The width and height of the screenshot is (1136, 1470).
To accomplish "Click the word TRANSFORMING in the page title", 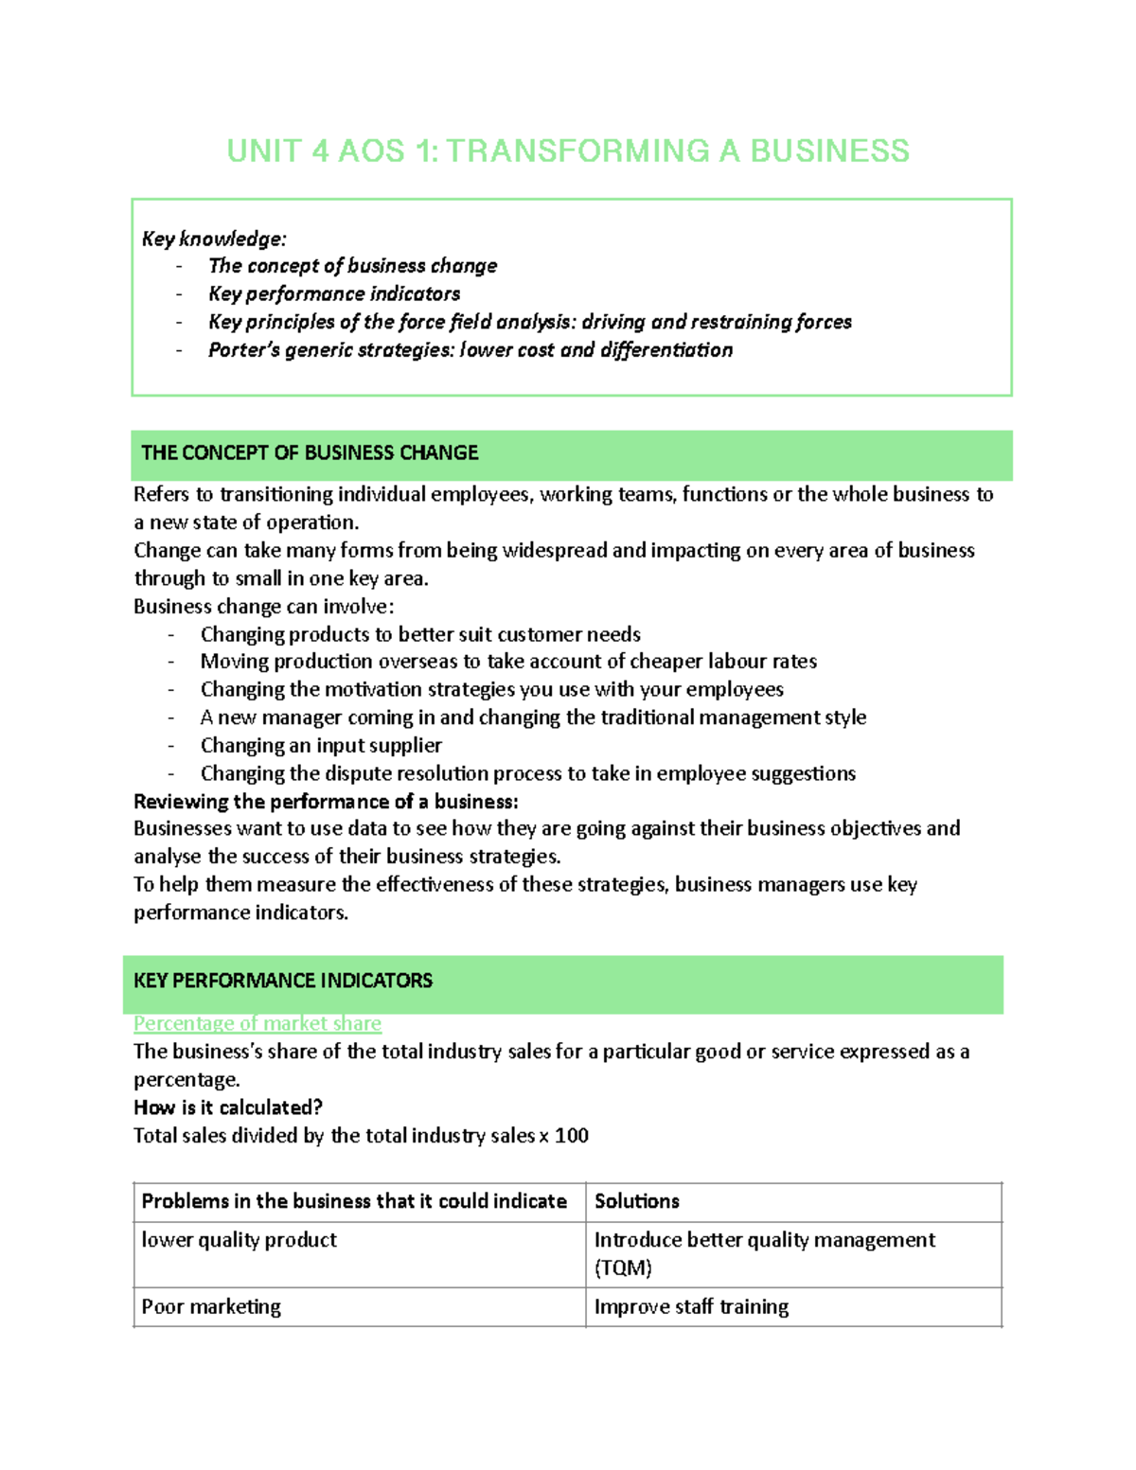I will click(x=577, y=151).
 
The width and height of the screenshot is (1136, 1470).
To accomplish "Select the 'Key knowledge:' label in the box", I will click(x=214, y=239).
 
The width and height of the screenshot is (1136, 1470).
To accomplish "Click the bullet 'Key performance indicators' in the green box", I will click(x=334, y=294).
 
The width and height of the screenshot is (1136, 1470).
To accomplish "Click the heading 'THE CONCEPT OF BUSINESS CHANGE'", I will click(x=310, y=453).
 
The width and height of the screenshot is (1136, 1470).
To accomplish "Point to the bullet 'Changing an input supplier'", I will click(x=321, y=746).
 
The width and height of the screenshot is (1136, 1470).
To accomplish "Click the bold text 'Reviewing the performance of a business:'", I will click(x=326, y=802).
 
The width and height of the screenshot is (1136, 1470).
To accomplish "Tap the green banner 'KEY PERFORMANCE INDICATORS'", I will click(x=283, y=981).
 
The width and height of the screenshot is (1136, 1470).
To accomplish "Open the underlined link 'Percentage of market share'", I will click(x=257, y=1023).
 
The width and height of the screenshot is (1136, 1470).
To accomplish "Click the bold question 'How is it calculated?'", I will click(x=228, y=1107).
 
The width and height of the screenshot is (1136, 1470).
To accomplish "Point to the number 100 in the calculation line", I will click(x=571, y=1136).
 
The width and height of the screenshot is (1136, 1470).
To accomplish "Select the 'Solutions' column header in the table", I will click(x=637, y=1201).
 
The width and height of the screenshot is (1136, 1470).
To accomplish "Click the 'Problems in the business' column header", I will click(x=354, y=1201).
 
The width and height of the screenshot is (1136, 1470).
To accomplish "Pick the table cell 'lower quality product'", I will click(x=240, y=1240).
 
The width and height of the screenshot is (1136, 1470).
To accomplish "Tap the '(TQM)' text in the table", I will click(x=623, y=1268).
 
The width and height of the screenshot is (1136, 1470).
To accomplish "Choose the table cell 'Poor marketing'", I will click(x=211, y=1307).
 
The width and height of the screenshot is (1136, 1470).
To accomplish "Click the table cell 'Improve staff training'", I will click(x=691, y=1307).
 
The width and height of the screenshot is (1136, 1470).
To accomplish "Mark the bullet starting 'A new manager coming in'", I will click(x=533, y=717).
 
